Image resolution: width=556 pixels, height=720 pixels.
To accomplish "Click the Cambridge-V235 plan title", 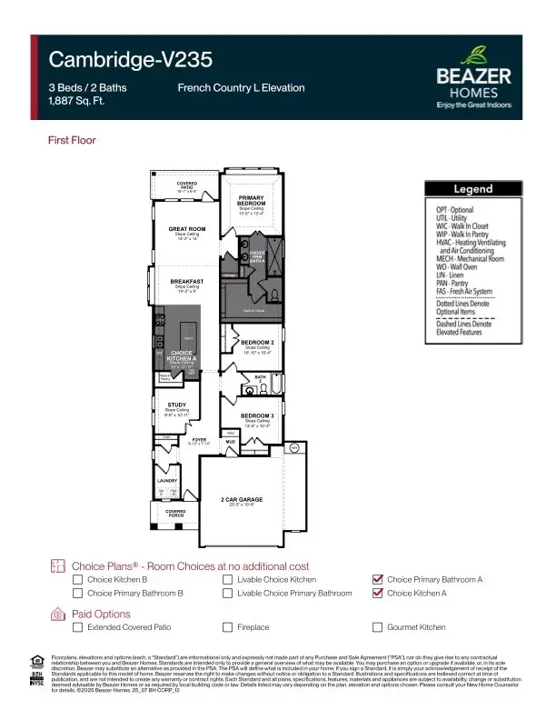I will tap(131, 60).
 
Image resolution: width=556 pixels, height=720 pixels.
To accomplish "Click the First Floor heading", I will tap(72, 140).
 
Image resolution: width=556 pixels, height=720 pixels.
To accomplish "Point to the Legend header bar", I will tap(472, 189).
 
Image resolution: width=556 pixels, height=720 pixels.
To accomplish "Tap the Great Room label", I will tap(187, 229).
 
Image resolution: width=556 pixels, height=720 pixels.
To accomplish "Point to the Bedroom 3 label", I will tap(255, 415).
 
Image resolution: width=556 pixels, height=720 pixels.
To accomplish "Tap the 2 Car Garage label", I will tap(241, 500).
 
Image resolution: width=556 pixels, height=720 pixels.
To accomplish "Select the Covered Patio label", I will tap(187, 185).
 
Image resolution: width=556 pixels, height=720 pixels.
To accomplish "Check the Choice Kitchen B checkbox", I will tap(78, 579).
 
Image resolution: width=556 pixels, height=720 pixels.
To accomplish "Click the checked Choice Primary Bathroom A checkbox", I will tap(378, 579).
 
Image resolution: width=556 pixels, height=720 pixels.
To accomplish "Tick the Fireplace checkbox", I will tap(228, 627).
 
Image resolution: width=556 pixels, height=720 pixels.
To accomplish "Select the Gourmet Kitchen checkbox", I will tap(378, 627).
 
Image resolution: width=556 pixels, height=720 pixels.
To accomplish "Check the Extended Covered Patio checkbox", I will tap(78, 627).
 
